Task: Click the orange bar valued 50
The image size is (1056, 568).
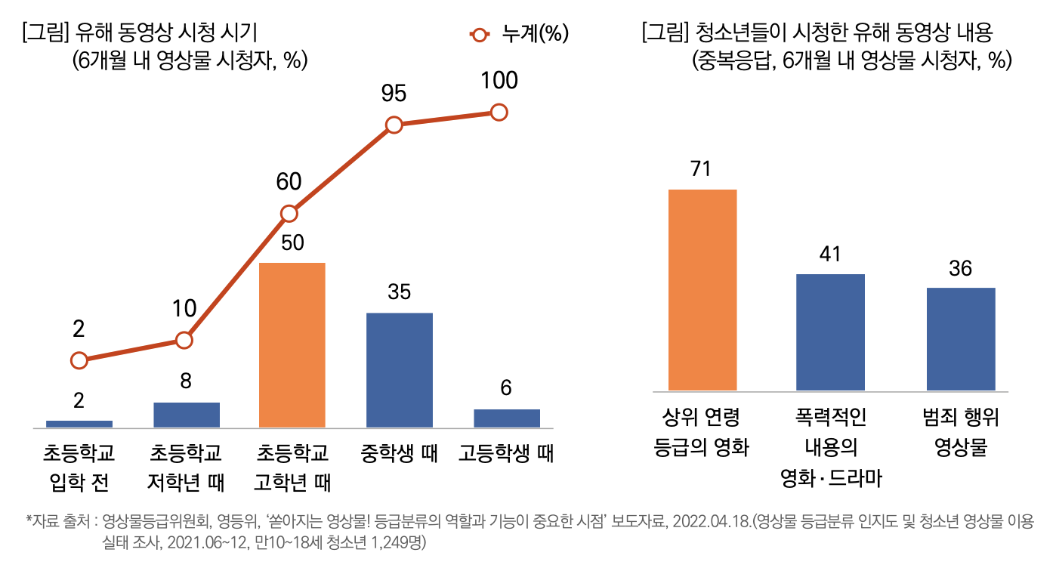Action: (292, 345)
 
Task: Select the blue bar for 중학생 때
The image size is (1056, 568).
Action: (399, 370)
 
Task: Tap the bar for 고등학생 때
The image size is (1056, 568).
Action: (506, 418)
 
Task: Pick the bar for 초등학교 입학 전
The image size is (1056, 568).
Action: (79, 424)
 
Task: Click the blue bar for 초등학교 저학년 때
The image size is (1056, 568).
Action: (186, 415)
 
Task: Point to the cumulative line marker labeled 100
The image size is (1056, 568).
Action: (499, 113)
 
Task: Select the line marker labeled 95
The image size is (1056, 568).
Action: (394, 125)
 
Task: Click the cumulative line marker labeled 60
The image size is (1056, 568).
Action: (289, 214)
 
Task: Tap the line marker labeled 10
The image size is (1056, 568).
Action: (184, 340)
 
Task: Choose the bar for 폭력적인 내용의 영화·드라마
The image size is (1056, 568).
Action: (830, 332)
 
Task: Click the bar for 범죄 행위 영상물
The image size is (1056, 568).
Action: (960, 339)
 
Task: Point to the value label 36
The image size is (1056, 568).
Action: (960, 269)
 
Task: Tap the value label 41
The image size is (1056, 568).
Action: (830, 255)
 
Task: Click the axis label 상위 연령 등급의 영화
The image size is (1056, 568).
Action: (701, 432)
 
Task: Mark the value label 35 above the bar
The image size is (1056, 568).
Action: (399, 292)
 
